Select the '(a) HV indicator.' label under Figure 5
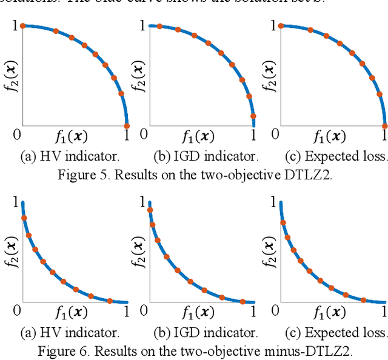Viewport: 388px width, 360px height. click(69, 156)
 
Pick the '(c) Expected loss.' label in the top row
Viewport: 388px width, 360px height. click(336, 156)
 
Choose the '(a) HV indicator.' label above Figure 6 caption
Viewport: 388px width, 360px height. click(69, 333)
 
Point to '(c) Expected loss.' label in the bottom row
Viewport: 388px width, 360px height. click(336, 333)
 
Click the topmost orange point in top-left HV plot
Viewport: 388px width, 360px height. click(23, 26)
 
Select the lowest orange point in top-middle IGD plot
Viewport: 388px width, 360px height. click(253, 116)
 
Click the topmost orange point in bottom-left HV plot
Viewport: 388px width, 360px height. click(24, 218)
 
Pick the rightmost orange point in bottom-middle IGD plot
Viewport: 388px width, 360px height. click(242, 301)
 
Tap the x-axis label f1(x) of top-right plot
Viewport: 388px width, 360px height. click(330, 136)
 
